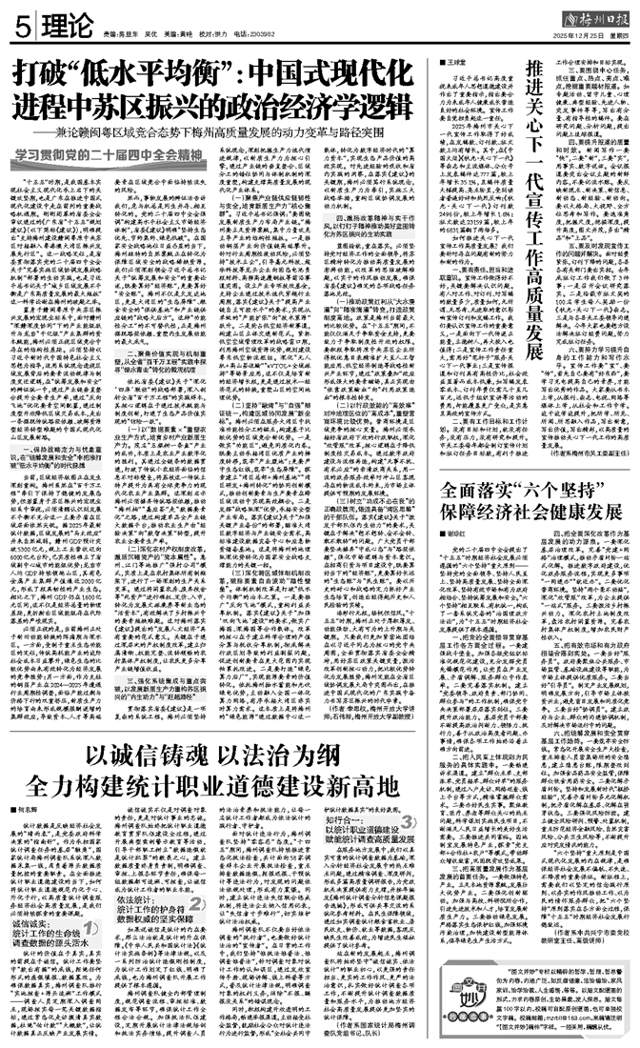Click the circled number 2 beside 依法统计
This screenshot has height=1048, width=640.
199,904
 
